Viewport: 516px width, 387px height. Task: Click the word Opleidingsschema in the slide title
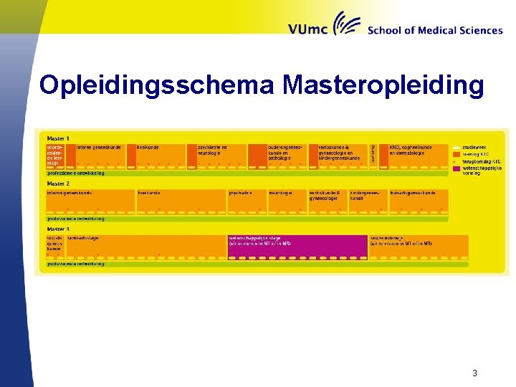click(x=158, y=85)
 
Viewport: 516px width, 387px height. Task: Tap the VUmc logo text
click(x=308, y=29)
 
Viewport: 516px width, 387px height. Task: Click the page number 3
click(x=474, y=373)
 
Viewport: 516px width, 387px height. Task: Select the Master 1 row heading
click(x=58, y=138)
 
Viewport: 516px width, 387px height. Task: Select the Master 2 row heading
click(x=58, y=184)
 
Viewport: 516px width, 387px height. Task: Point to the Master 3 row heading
click(x=58, y=229)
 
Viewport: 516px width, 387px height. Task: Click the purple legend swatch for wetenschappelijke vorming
click(x=457, y=169)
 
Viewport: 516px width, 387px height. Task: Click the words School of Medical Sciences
click(x=434, y=30)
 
